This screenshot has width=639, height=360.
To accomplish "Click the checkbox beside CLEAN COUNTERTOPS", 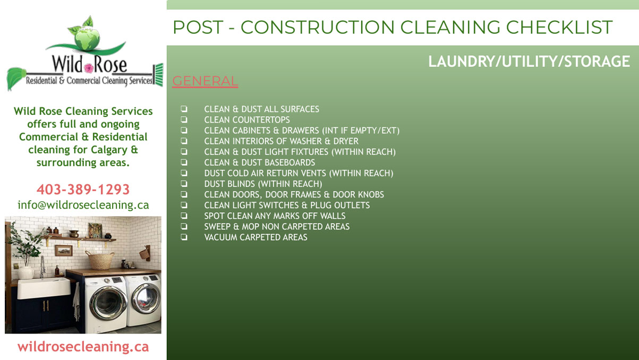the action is point(184,119).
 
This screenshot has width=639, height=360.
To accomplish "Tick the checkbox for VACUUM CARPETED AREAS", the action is point(184,237).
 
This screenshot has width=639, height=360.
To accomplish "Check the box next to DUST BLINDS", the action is point(184,184).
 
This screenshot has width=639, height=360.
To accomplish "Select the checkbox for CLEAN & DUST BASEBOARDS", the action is point(184,162).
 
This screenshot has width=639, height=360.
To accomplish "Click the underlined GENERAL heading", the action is point(205,81).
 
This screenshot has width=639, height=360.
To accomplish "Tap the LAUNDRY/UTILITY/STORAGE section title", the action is point(529,62).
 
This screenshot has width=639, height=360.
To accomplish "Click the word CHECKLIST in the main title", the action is point(559,28).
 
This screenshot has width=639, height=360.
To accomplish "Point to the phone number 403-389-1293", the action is point(83,190).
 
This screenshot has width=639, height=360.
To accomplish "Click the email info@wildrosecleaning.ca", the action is point(83,205).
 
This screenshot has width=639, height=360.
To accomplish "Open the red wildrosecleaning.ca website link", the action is point(83,347).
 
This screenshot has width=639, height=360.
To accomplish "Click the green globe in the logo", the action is point(87,38).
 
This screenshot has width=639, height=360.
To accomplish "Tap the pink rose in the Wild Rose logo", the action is point(89,68).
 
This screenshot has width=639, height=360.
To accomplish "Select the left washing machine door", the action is point(108,303).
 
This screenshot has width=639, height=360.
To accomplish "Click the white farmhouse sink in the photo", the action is point(44,288).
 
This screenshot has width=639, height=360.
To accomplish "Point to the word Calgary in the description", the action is point(109,150).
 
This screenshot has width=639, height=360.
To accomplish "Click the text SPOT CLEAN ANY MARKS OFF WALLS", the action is point(275,216).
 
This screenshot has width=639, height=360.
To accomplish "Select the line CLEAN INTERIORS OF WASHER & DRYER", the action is point(282,141).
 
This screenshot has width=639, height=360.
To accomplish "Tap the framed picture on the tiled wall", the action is point(64,251).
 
